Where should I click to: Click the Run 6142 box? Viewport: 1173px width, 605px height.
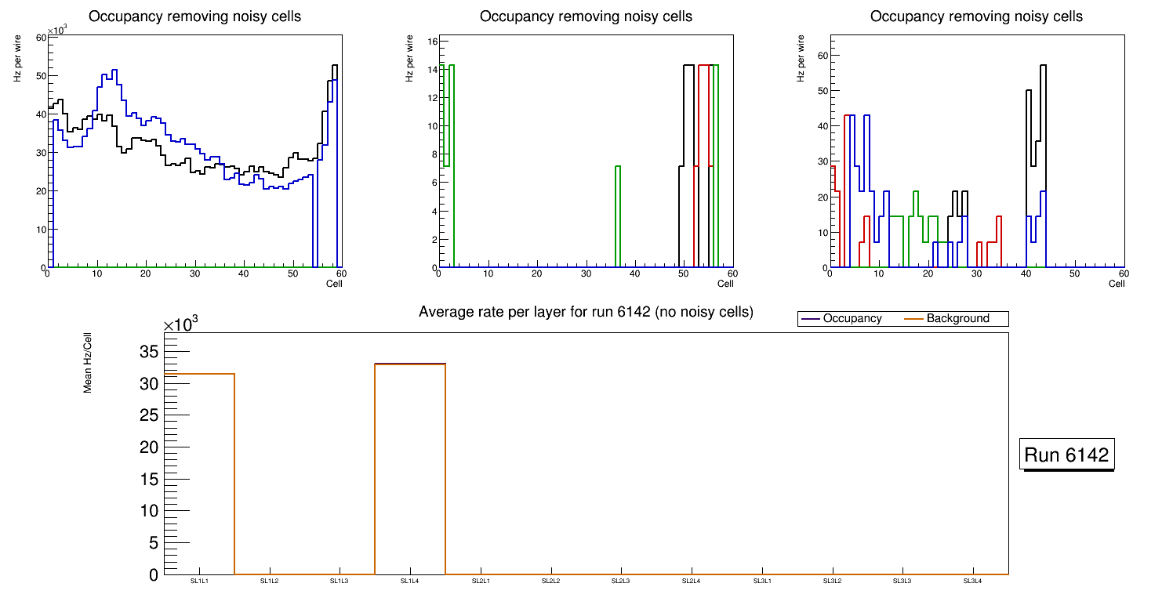[x=1068, y=455]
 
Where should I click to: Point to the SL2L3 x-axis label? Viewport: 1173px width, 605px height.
[x=621, y=581]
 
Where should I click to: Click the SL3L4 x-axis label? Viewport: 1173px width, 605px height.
[x=972, y=581]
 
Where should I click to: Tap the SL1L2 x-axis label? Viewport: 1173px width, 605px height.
[x=270, y=581]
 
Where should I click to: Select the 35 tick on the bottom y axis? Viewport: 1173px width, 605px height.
[x=148, y=352]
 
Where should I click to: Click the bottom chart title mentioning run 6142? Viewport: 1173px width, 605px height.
[x=586, y=312]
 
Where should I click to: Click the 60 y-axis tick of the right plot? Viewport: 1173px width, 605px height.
[x=823, y=55]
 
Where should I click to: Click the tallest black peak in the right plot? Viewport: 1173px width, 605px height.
[x=1043, y=66]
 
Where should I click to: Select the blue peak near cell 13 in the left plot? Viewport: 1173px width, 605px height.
[x=114, y=71]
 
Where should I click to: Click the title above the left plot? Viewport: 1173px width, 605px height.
[x=194, y=16]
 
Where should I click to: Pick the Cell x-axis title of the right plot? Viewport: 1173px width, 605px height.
[x=1117, y=284]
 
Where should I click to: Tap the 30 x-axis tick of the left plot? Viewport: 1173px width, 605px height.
[x=194, y=274]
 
